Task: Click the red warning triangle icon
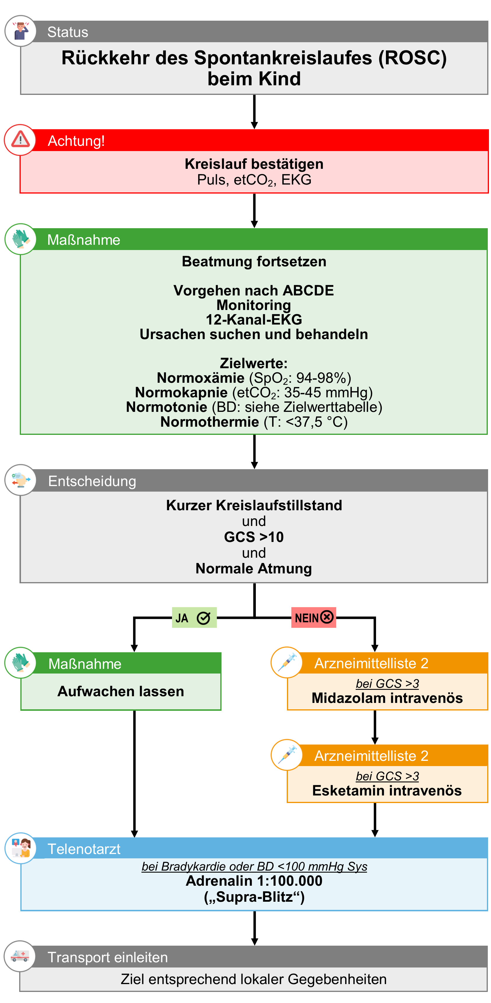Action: (20, 139)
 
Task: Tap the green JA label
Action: (194, 618)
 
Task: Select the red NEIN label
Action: (313, 618)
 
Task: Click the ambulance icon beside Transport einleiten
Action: (20, 956)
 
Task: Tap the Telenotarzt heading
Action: (84, 849)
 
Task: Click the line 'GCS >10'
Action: (254, 537)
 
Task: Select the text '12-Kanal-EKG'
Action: (254, 320)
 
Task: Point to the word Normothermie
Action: (210, 422)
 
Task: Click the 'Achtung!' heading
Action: (76, 141)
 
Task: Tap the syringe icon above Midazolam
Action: (287, 662)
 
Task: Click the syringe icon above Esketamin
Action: (287, 755)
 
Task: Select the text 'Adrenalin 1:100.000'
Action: (254, 881)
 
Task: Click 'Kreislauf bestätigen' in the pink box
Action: (254, 164)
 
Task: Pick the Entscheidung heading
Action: (92, 481)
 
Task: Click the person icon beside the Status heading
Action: (20, 31)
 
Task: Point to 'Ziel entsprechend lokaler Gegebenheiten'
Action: (254, 979)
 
